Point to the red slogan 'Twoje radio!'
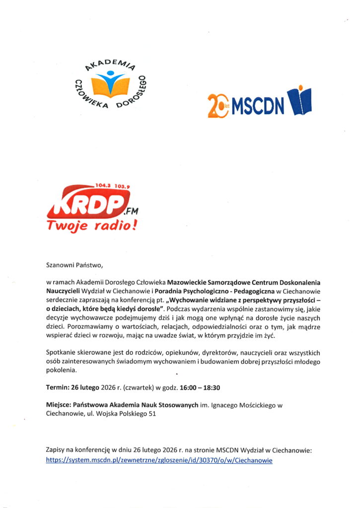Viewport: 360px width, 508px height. coord(91,226)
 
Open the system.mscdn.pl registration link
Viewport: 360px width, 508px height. coord(159,460)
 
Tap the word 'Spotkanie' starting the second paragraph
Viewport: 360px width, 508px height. coord(61,353)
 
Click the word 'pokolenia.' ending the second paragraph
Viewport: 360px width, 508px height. coord(62,370)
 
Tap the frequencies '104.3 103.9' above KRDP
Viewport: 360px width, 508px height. coord(109,187)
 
